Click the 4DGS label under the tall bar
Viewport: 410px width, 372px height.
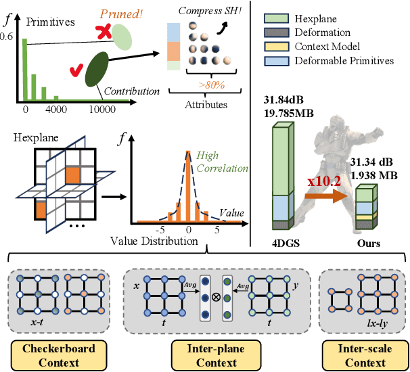point(283,242)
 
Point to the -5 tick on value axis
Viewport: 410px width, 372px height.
point(162,229)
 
